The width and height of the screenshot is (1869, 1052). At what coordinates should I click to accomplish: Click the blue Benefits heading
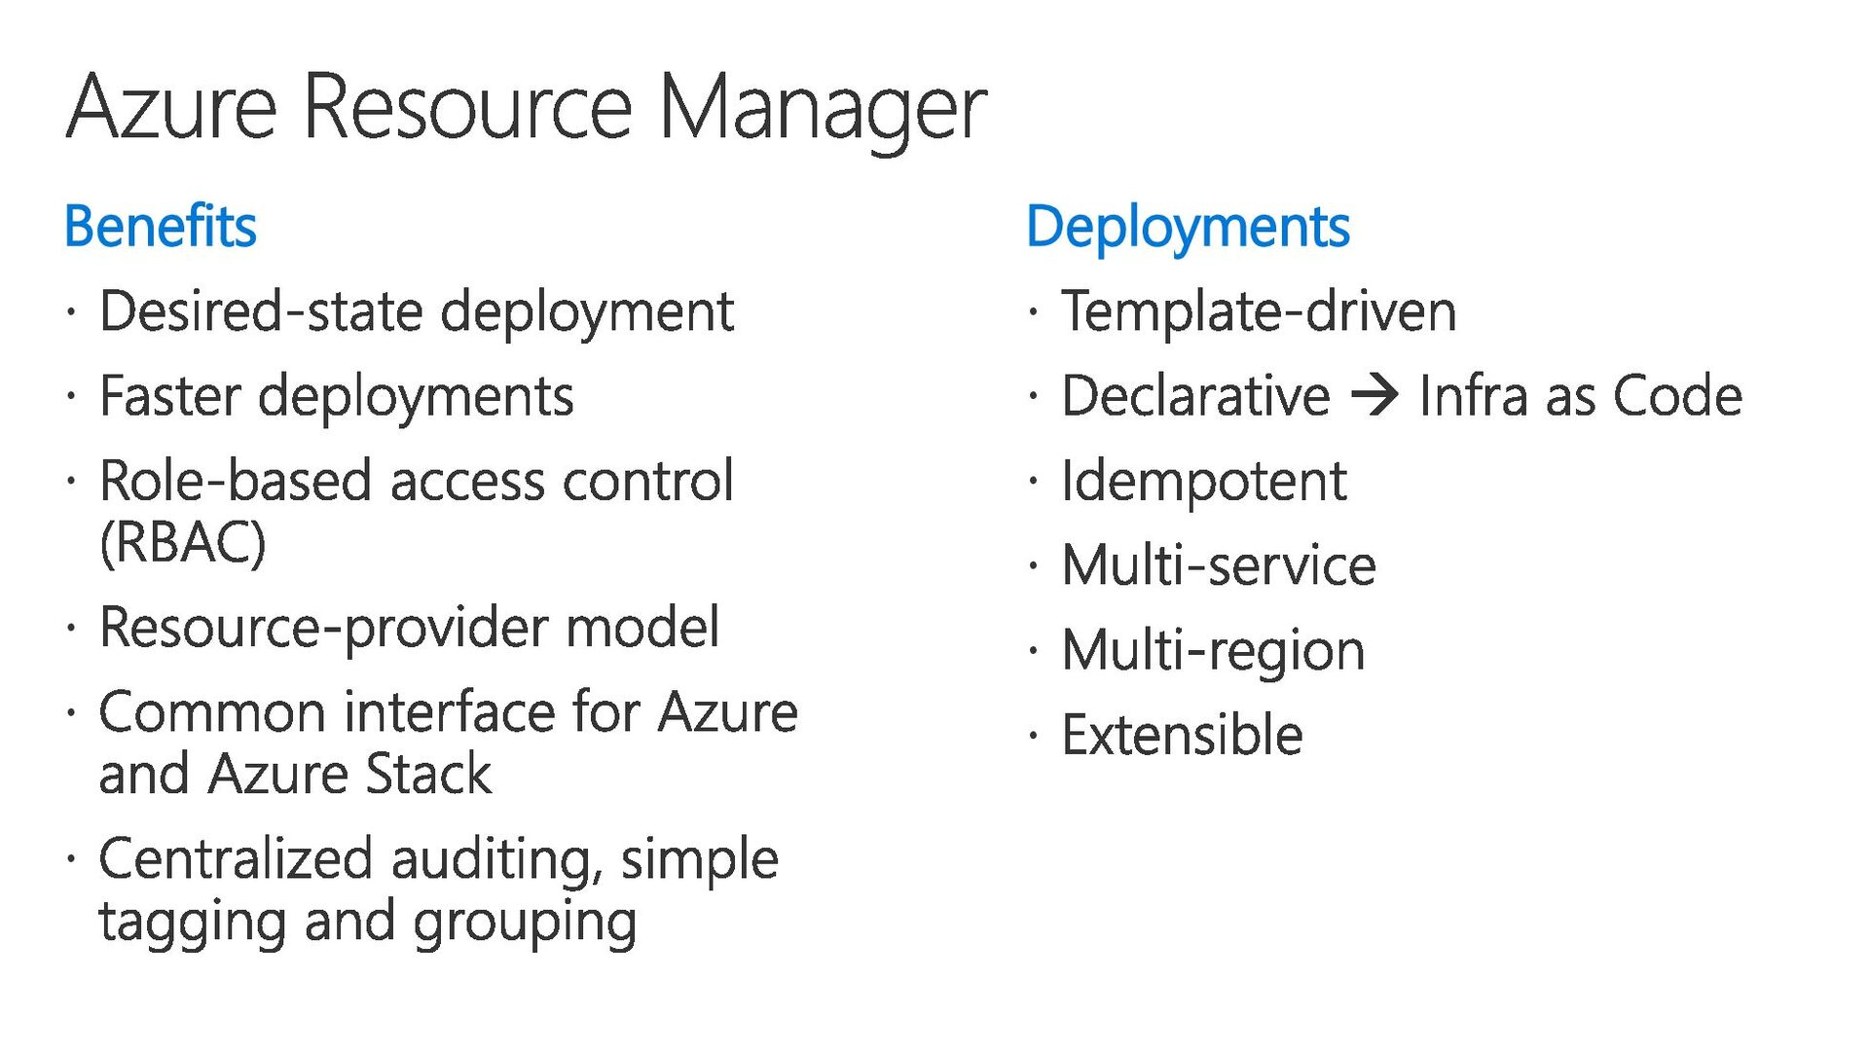(x=161, y=227)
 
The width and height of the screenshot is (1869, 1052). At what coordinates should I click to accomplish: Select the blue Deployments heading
(x=1188, y=228)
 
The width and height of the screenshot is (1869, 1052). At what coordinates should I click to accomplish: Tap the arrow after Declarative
(x=1374, y=395)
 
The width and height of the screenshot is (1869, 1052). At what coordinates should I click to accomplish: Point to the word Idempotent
(x=1203, y=481)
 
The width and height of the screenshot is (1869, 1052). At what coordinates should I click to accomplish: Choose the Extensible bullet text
(x=1182, y=735)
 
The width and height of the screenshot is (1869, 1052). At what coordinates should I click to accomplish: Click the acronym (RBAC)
(x=182, y=542)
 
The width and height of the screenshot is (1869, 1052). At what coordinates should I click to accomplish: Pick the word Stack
(x=428, y=775)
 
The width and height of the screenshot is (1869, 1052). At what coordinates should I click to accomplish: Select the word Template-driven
(x=1259, y=311)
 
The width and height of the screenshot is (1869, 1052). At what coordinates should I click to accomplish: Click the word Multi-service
(x=1219, y=565)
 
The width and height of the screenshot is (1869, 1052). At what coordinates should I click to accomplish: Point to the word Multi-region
(x=1213, y=650)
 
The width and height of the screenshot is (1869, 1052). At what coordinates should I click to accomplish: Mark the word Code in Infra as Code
(x=1676, y=396)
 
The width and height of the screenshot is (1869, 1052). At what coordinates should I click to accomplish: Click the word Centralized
(x=236, y=859)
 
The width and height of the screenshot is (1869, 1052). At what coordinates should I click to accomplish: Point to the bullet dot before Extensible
(x=1033, y=735)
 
